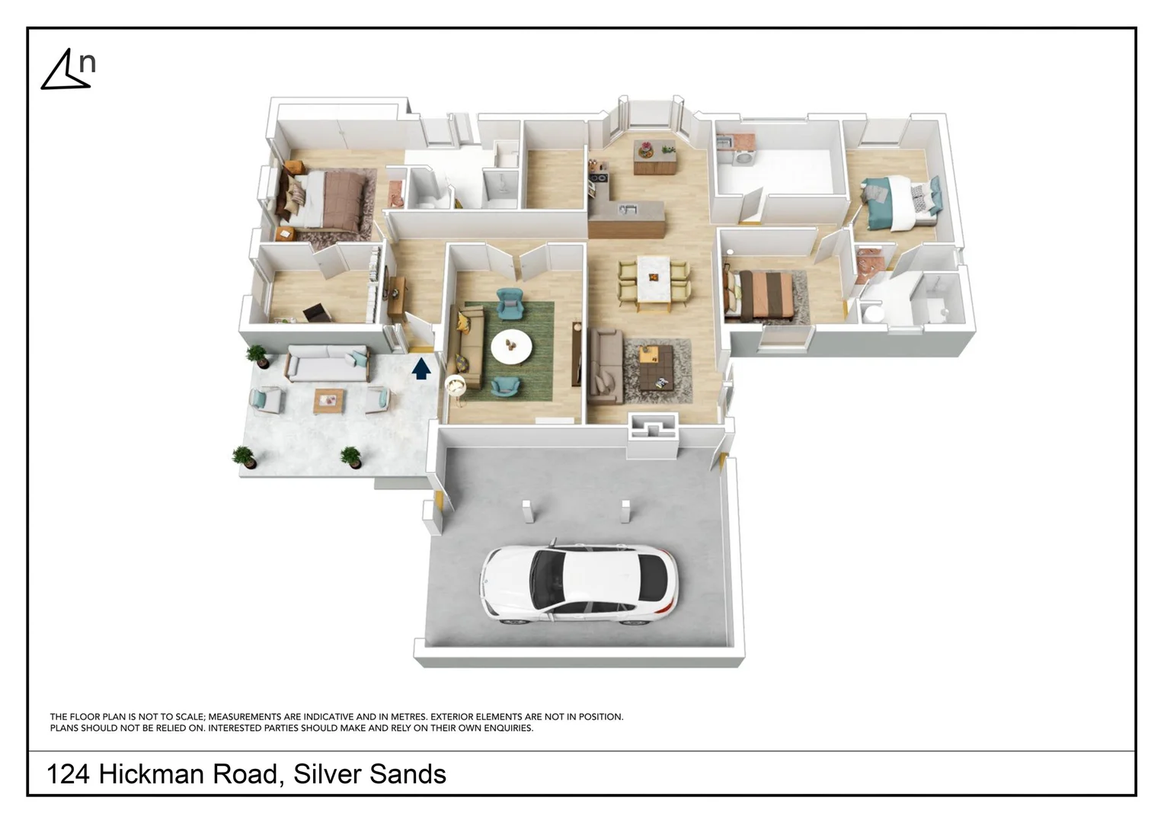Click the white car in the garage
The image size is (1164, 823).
(x=579, y=584)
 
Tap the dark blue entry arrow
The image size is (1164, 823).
(x=421, y=369)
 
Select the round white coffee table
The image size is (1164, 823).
(x=511, y=347)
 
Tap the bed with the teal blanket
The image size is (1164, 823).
(x=899, y=201)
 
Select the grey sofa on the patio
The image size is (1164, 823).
(x=328, y=363)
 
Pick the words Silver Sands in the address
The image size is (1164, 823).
(x=370, y=774)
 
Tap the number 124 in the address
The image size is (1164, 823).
(x=68, y=774)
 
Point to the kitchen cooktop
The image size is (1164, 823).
(x=598, y=180)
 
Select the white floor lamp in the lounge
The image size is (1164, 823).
(x=455, y=386)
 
